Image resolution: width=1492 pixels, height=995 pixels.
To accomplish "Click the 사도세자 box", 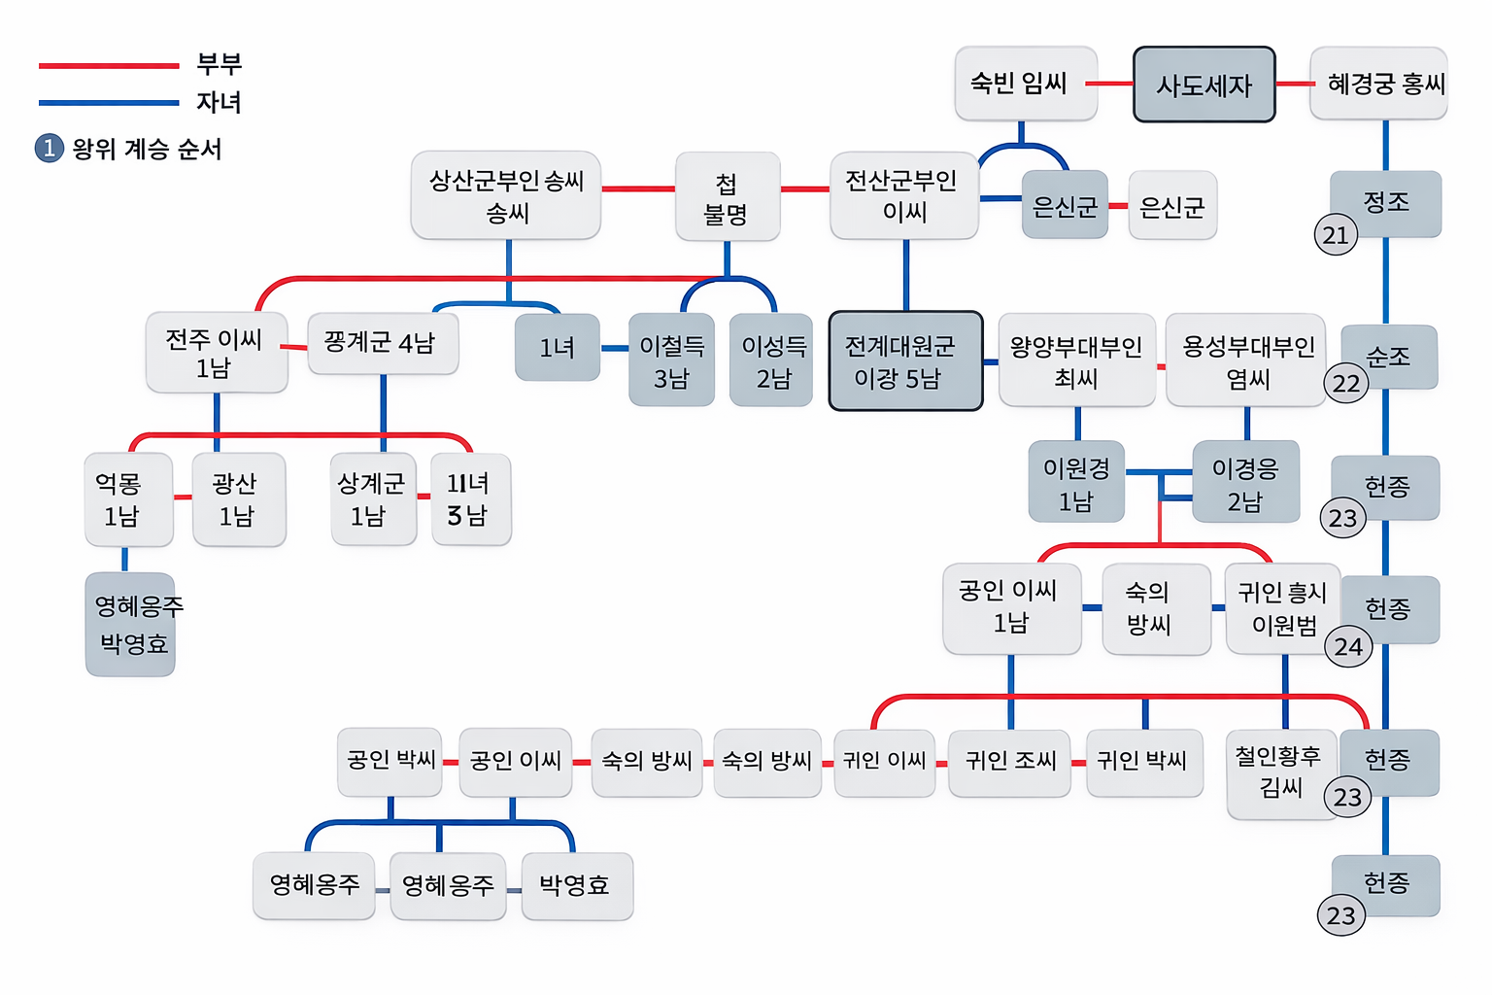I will coord(1204,85).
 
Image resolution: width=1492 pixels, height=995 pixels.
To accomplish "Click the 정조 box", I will coord(1386,202).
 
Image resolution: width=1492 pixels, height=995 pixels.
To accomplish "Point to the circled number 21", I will coord(1336,234).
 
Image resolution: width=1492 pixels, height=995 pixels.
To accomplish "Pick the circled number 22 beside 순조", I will coord(1346,383).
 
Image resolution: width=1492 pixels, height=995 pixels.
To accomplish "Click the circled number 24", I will coord(1348,646).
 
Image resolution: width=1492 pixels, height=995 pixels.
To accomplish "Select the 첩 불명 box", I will coord(727,196).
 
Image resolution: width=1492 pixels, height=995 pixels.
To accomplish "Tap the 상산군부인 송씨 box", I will coord(506,195).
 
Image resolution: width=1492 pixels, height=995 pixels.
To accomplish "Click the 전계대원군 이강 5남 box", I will coord(905,361).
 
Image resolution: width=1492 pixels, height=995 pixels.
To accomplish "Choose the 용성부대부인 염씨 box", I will coord(1246,360).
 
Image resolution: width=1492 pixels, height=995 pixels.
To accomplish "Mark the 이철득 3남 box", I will coord(671,360).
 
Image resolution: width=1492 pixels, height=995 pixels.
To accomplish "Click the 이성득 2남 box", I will coord(772,360).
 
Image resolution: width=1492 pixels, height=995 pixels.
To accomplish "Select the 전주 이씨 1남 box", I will coord(216,353).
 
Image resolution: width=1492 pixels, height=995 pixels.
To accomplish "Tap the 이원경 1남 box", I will coord(1076,483).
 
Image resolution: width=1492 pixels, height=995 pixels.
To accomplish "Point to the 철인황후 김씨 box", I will coord(1280,773).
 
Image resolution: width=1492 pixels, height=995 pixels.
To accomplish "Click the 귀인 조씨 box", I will coord(1009,762).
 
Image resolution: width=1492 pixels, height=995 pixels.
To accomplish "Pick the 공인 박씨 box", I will coord(390,761).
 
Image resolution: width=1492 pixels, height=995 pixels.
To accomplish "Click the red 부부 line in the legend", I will coord(109,66).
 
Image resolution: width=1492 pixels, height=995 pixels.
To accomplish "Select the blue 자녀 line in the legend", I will coord(109,102).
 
